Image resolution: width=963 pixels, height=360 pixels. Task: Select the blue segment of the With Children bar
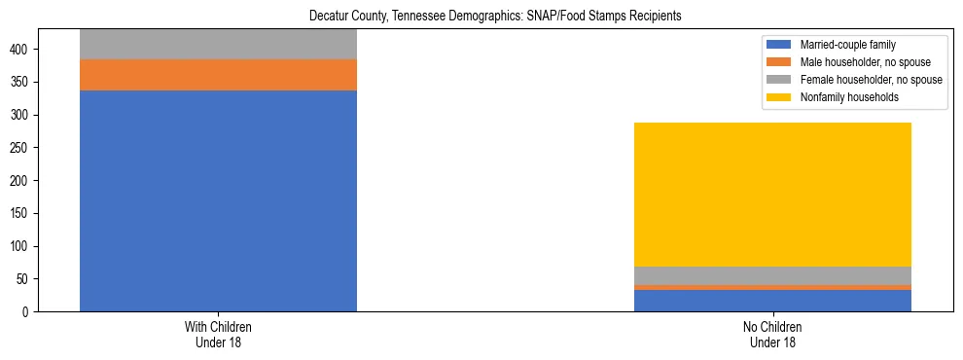tap(218, 200)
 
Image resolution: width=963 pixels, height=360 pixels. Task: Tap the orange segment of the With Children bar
tap(218, 75)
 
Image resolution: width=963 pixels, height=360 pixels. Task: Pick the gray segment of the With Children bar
tap(218, 45)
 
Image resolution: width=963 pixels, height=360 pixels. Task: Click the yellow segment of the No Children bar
tap(772, 195)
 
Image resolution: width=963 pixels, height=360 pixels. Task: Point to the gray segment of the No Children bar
tap(772, 275)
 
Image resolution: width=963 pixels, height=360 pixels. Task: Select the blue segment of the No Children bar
tap(772, 301)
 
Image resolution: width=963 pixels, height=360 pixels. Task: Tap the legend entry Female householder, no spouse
tap(870, 80)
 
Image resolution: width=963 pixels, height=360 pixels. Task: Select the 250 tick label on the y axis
tap(25, 148)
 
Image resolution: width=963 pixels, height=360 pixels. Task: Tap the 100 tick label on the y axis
tap(25, 246)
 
